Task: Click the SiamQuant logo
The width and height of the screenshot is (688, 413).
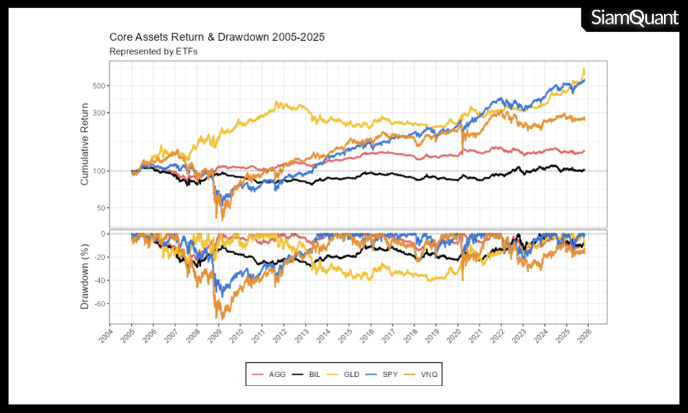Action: (x=634, y=18)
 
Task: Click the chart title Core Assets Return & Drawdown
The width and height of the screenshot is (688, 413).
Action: (x=217, y=36)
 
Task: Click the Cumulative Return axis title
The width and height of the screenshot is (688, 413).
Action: (x=85, y=144)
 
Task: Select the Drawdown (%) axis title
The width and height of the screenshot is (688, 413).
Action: (x=85, y=276)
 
